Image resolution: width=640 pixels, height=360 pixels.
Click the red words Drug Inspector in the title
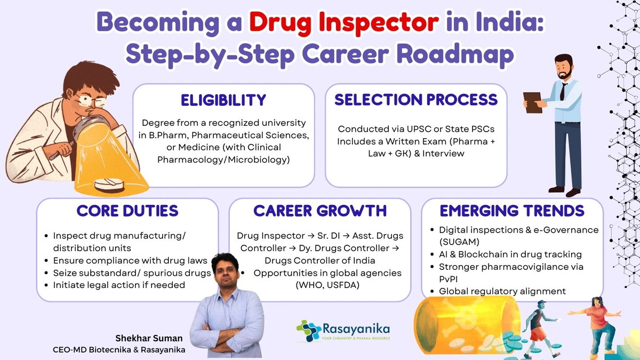coord(343,22)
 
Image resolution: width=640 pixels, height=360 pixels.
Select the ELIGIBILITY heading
coord(223,100)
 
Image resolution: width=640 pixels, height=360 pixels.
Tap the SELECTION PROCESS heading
coord(416,100)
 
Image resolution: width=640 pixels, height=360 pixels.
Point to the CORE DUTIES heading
coord(127,211)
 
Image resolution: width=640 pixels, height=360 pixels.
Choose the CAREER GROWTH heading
coord(320,211)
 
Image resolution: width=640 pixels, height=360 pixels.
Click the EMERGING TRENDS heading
coord(512,211)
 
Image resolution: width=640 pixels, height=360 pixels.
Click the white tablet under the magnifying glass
coord(109,185)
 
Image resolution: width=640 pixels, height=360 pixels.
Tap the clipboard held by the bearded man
coord(533,102)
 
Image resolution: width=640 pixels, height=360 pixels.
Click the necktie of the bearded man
coord(563,91)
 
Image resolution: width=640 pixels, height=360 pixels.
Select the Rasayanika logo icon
coord(309,331)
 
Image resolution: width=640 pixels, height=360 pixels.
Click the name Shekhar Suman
coord(149,338)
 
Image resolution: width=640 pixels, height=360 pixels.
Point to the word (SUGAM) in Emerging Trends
coord(459,242)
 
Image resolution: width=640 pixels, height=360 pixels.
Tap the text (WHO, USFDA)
coord(327,285)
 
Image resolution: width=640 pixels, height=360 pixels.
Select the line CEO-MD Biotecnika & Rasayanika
coord(119,350)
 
